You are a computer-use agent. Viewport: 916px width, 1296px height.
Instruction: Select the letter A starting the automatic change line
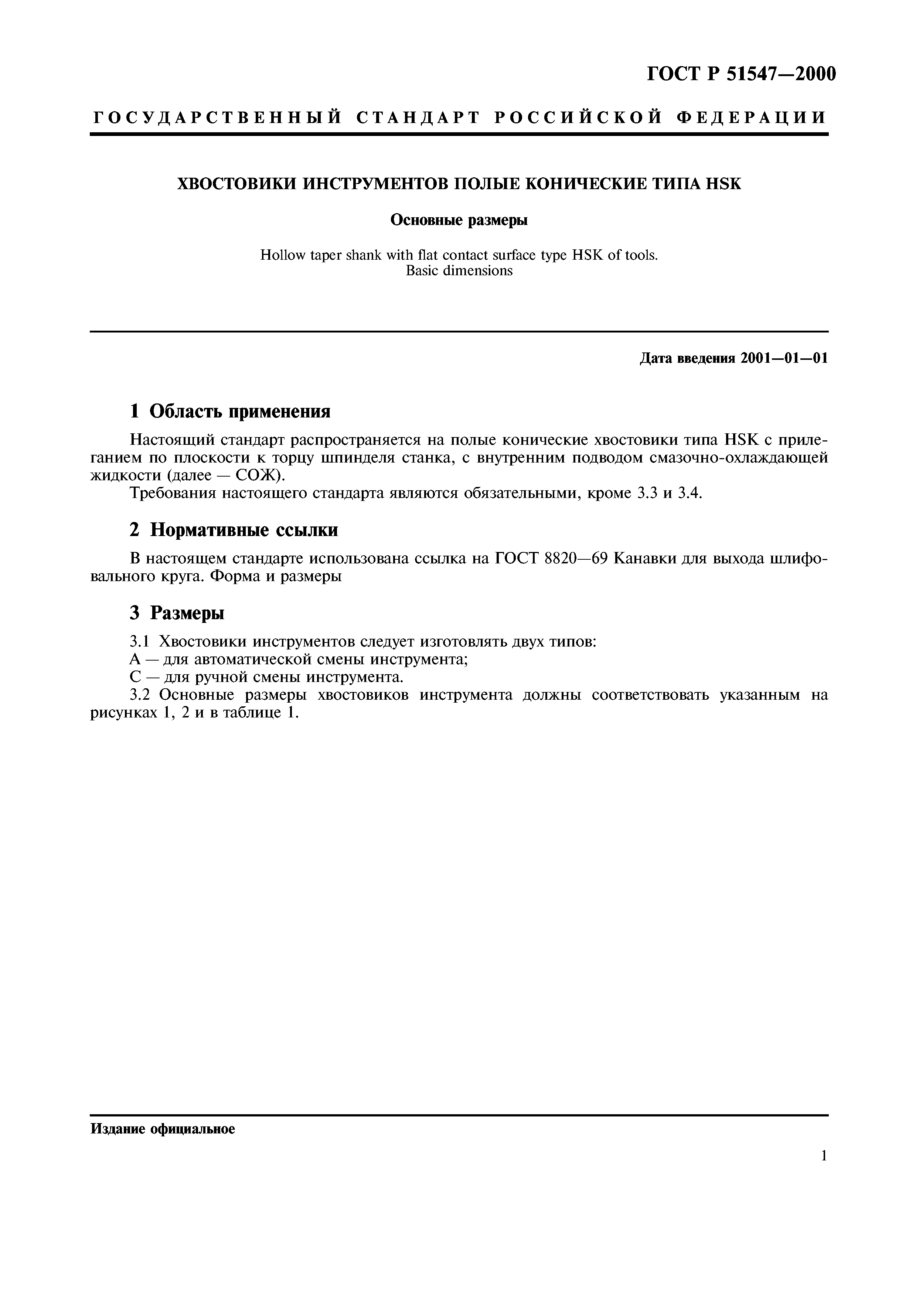coord(134,659)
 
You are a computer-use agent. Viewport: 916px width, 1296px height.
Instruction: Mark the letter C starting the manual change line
coord(134,677)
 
